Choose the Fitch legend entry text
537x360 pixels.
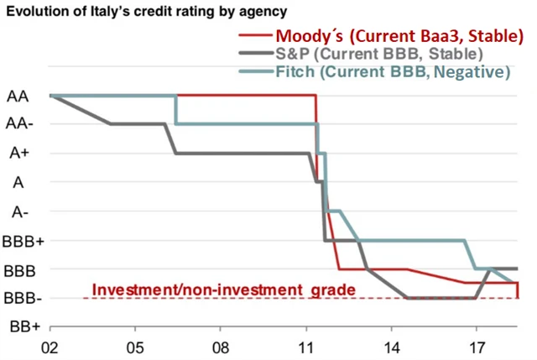point(393,72)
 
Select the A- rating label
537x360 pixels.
point(18,211)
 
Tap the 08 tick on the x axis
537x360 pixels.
point(221,347)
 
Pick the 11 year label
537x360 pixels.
point(306,347)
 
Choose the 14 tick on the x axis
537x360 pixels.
point(392,347)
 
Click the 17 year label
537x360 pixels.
point(477,347)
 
